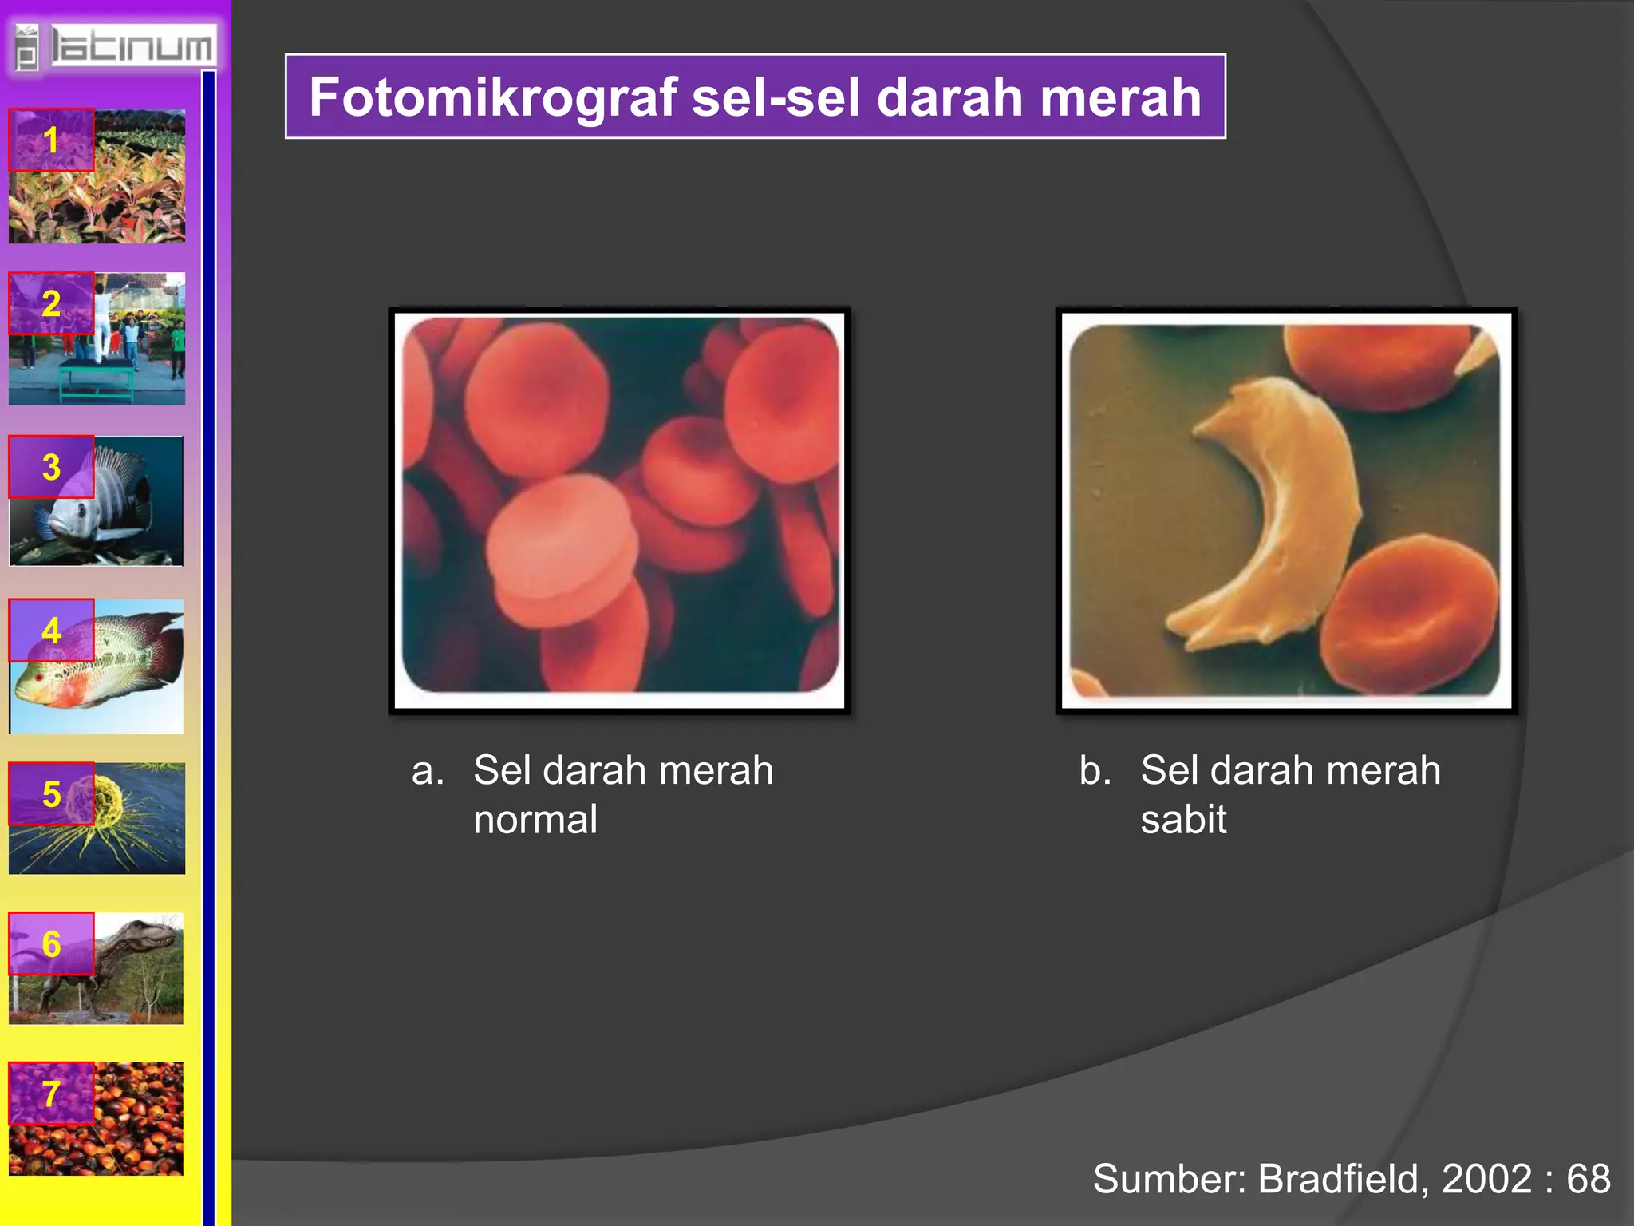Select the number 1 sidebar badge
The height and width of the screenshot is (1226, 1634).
[51, 140]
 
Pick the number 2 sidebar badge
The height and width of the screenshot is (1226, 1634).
[51, 303]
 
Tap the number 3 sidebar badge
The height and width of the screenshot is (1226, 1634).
[51, 467]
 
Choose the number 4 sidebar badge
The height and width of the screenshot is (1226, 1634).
[51, 631]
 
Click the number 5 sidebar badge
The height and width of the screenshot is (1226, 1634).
[51, 793]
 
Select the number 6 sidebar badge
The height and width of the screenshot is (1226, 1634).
[51, 943]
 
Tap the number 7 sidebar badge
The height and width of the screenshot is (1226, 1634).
[51, 1094]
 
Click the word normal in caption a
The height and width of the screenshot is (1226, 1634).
[535, 820]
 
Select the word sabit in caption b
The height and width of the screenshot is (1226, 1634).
[1183, 820]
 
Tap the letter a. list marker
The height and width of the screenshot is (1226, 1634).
[428, 771]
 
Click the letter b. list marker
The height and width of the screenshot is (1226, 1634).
[1095, 771]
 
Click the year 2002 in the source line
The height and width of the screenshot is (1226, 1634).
[1486, 1179]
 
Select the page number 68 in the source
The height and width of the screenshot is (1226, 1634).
[1588, 1179]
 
